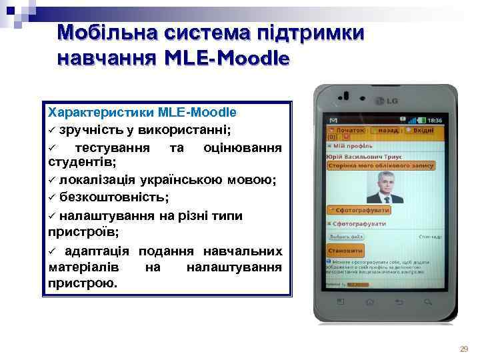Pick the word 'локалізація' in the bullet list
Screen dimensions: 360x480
[94, 181]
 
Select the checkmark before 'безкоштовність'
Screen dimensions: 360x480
[53, 198]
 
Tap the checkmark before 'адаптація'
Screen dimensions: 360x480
[53, 251]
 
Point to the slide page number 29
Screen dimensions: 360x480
[464, 349]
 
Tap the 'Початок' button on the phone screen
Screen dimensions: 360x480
[347, 131]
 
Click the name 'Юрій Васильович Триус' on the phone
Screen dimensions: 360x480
[361, 155]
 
